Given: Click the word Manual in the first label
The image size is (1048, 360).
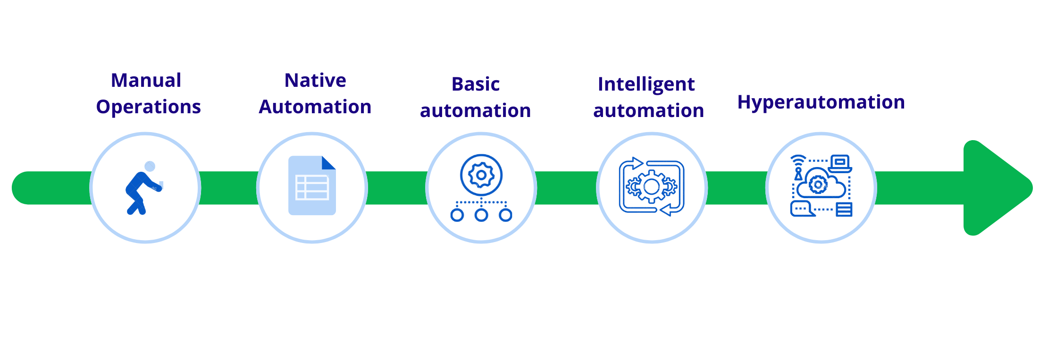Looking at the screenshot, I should click(x=146, y=81).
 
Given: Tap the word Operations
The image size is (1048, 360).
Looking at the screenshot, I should click(x=148, y=107).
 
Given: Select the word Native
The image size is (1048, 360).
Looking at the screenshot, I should click(x=315, y=81).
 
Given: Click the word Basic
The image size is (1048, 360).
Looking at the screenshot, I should click(x=475, y=84).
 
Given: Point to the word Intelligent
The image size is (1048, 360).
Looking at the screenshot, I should click(x=646, y=84).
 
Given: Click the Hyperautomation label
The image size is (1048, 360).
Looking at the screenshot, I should click(x=821, y=102).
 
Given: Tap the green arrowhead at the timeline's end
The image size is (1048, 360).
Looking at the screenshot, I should click(x=996, y=188).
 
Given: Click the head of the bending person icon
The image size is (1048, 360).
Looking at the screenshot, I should click(x=150, y=166).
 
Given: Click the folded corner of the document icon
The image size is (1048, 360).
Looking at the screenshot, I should click(x=328, y=163).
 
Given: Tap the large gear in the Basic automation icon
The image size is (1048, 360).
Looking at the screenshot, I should click(x=481, y=175).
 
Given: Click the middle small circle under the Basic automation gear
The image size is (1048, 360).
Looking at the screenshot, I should click(x=481, y=216).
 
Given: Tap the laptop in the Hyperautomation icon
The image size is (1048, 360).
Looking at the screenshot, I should click(x=839, y=163).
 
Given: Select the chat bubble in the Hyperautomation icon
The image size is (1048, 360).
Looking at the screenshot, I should click(x=801, y=208).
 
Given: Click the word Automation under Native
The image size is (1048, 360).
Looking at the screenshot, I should click(x=315, y=107).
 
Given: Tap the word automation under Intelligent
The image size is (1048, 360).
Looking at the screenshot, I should click(x=648, y=111).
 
